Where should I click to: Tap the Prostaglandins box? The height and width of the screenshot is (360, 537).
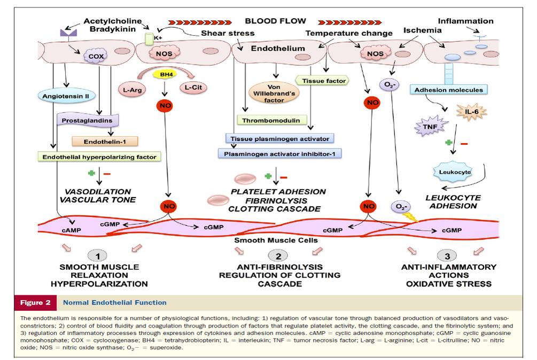[87, 121]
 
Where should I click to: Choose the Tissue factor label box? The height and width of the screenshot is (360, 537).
[322, 81]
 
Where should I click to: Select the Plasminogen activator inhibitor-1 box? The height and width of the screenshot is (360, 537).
[279, 153]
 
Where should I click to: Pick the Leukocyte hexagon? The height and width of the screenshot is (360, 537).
[453, 172]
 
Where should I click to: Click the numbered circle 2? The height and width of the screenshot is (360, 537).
[277, 255]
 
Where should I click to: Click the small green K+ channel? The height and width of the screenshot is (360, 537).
[150, 39]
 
